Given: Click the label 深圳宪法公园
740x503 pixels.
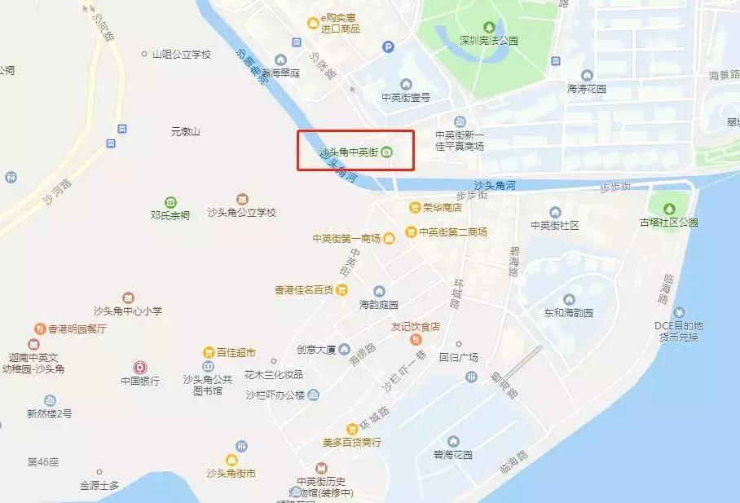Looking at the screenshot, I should coord(488,41).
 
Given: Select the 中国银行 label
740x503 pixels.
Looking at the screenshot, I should coord(140,381).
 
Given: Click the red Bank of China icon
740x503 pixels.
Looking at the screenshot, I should coord(140,367).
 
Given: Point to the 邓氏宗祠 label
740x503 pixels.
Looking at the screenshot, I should coord(170,216).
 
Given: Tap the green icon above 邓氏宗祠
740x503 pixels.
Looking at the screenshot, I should coord(170,201).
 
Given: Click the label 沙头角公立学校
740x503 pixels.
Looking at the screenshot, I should coord(242,213).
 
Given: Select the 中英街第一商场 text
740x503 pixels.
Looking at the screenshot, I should coord(346,239).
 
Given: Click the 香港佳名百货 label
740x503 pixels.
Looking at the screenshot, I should coord(305,289).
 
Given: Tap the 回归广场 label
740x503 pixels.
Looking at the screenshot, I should coord(459,357).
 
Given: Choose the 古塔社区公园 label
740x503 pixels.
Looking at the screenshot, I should coord(669,223).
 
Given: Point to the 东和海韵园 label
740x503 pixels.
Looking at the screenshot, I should coord(569,313).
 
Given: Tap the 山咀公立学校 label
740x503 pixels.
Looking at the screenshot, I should coord(182,55).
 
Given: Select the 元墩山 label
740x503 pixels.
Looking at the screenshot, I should coord(185,131).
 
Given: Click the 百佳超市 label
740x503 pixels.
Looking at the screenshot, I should coord(236,353).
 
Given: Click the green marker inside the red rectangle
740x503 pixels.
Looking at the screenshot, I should coord(387,152).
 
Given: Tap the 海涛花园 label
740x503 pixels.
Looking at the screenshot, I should coord(588,88).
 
